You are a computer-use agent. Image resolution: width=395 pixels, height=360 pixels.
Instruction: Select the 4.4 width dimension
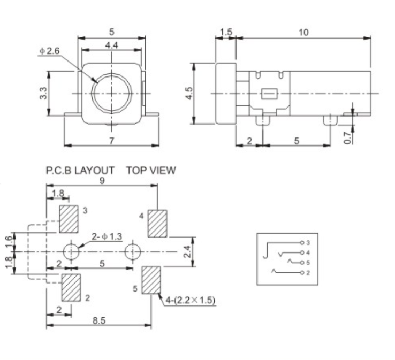click(x=111, y=45)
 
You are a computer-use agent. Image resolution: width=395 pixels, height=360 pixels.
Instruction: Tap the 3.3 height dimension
click(x=43, y=93)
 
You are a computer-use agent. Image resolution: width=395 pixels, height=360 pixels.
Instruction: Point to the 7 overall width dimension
click(x=111, y=140)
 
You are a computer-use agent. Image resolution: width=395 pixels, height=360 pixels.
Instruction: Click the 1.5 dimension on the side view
click(x=226, y=32)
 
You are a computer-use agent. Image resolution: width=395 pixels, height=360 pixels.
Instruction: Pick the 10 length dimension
click(x=303, y=32)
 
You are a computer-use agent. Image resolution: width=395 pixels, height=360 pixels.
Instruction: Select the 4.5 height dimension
click(x=188, y=93)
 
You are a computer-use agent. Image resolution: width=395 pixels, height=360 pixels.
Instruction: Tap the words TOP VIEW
click(x=151, y=171)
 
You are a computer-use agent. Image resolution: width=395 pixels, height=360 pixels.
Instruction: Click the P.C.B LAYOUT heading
click(x=80, y=171)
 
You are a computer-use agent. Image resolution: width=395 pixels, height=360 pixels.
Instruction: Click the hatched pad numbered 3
click(x=69, y=219)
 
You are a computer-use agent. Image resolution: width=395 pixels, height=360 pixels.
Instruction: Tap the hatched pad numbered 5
click(x=151, y=280)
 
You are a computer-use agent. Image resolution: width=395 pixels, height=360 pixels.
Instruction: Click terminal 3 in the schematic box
click(x=302, y=242)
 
